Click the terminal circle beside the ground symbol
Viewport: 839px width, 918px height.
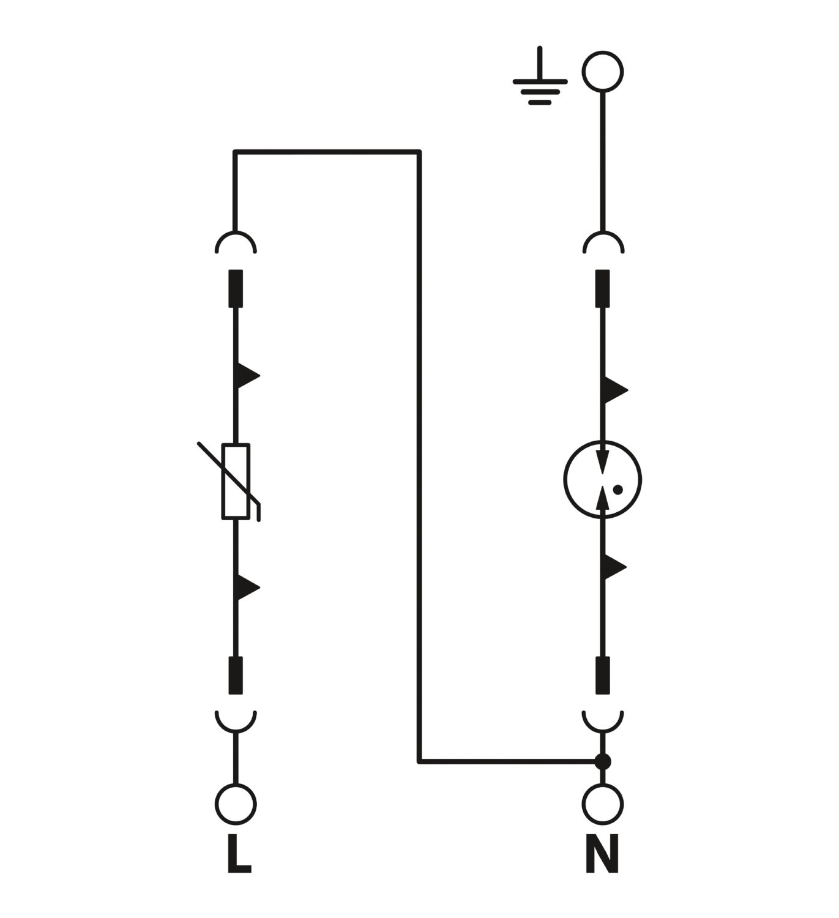coord(603,72)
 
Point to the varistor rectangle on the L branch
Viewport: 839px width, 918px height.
coord(236,482)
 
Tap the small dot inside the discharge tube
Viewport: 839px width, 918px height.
coord(617,490)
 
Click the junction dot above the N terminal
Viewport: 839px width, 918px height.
coord(603,761)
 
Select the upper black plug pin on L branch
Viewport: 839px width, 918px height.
coord(236,288)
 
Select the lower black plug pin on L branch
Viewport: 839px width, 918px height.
coord(236,675)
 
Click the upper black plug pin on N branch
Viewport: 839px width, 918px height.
coord(603,288)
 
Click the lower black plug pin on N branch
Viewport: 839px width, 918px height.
coord(603,675)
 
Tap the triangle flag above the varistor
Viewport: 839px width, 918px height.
coord(246,376)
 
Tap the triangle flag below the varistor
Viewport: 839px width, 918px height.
coord(246,588)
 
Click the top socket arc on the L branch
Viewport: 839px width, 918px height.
coord(236,233)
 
